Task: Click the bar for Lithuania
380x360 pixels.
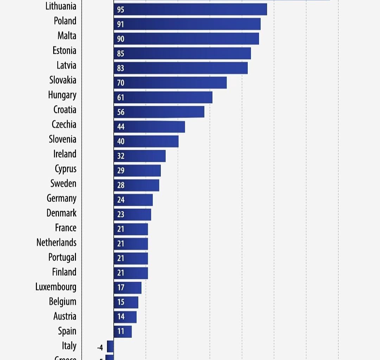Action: tap(190, 9)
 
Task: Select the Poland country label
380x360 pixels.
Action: tap(65, 21)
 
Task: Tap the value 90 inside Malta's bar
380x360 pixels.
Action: tap(121, 39)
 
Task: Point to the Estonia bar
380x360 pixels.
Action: tap(182, 53)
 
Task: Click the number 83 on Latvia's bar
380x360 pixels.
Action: tap(121, 68)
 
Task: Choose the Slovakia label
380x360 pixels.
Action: tap(63, 80)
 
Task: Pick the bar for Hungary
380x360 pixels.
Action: tap(163, 97)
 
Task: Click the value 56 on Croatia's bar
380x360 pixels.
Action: tap(121, 112)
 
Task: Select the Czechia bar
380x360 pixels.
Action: tap(149, 127)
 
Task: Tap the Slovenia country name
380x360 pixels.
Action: tap(62, 139)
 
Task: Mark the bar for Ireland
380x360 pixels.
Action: tap(139, 156)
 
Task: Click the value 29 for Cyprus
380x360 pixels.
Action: tap(121, 171)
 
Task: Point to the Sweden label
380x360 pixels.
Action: tap(63, 184)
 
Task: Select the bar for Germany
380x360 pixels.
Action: tap(133, 200)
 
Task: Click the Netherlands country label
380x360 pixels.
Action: tap(56, 243)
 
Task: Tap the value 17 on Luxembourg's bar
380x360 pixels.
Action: tap(121, 288)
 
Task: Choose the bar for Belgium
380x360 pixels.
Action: tap(126, 302)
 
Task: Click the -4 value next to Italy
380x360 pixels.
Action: tap(100, 348)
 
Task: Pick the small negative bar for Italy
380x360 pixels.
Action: tap(110, 346)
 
